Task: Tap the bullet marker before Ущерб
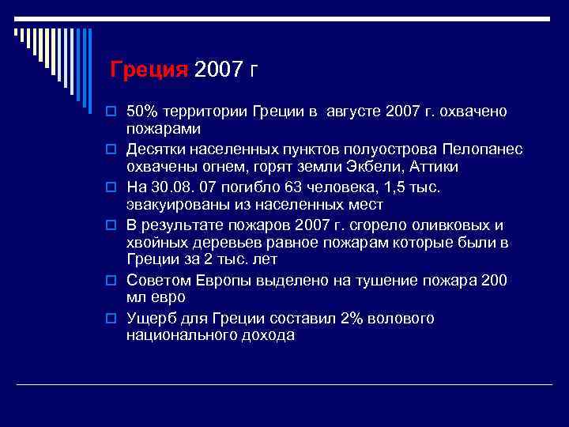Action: (112, 319)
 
